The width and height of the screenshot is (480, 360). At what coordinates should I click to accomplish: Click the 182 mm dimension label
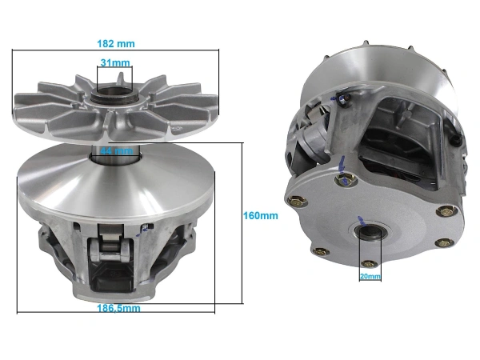115,42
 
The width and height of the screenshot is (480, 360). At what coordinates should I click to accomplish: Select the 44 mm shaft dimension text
114,150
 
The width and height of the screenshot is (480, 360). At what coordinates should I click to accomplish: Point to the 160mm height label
260,216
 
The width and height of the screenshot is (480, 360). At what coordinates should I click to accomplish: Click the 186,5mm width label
116,307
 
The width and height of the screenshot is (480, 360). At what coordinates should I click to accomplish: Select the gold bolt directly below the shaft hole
368,264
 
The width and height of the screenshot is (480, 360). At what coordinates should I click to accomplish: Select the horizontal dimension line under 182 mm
115,52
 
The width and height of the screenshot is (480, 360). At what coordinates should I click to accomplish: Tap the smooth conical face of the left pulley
72,172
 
